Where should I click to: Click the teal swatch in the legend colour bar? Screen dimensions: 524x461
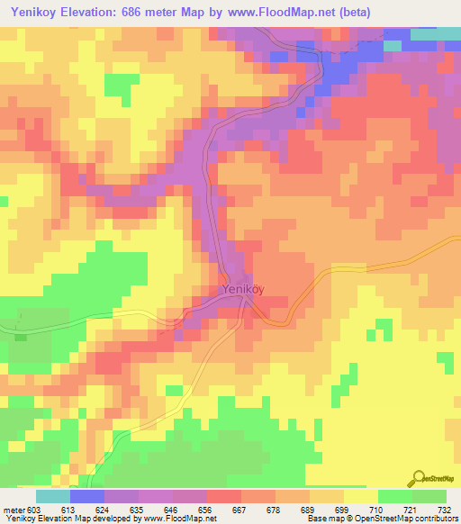pos(52,497)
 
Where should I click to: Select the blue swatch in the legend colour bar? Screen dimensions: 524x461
pos(86,497)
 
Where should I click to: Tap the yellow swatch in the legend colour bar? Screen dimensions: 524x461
pos(360,497)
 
